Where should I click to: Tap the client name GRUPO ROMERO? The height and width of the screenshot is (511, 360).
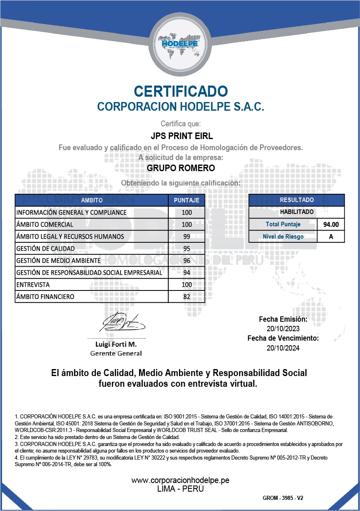coord(181,168)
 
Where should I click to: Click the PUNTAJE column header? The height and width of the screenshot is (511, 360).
coord(186,200)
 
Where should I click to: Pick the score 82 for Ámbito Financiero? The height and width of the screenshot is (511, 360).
coord(186,297)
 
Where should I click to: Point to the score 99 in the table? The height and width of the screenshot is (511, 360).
coord(186,237)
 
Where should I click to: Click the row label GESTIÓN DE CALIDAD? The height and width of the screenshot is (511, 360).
coord(46,249)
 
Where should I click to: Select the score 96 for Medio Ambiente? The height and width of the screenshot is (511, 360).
coord(186,260)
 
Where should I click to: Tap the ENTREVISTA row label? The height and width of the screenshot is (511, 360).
coord(33,285)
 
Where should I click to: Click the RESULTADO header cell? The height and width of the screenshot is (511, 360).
coord(297,200)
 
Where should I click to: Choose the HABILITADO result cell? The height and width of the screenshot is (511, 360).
coord(297,212)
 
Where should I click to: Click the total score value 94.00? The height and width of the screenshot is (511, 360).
coord(331,225)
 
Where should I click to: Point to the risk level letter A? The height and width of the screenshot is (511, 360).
coord(331,237)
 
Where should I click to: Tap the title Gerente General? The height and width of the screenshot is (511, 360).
coord(116,353)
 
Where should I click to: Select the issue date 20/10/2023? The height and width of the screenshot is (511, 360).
coord(283,329)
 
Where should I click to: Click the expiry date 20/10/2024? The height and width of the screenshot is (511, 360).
coord(283,348)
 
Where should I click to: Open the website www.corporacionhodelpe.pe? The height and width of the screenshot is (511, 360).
coord(180,480)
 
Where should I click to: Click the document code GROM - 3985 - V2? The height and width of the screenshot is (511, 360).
coord(283,498)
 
